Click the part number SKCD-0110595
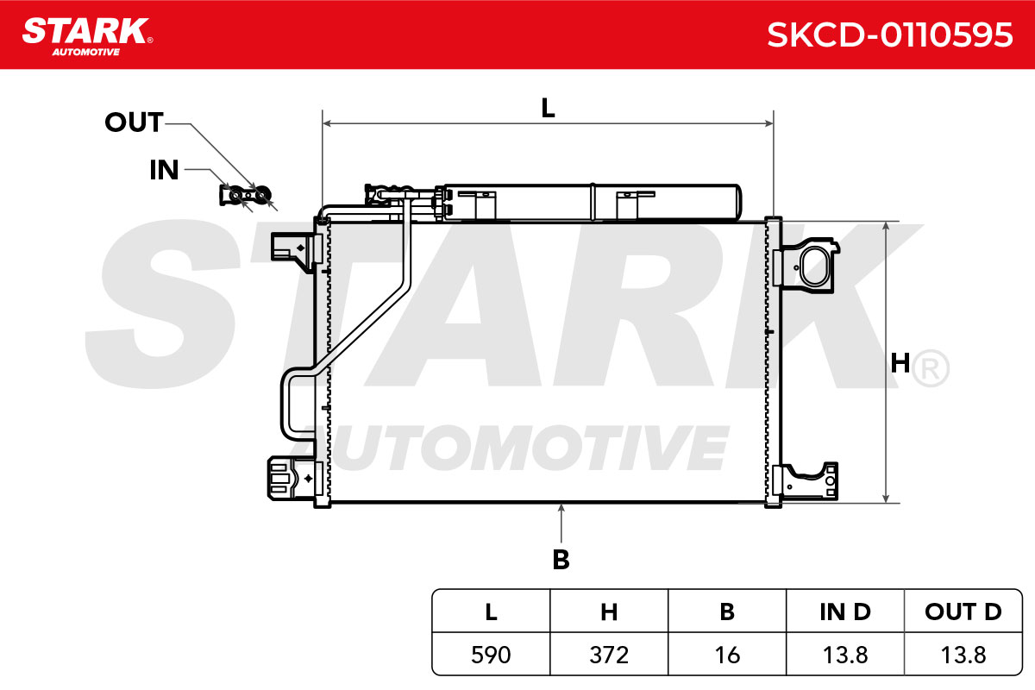[x=889, y=35]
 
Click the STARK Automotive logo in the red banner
[x=87, y=37]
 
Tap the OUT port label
[x=134, y=122]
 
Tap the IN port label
[x=164, y=170]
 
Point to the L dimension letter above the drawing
[x=548, y=108]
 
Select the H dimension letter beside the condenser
[x=900, y=363]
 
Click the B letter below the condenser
[x=561, y=560]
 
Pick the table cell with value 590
[x=491, y=655]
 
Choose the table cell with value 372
[x=609, y=655]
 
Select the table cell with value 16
[x=727, y=655]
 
